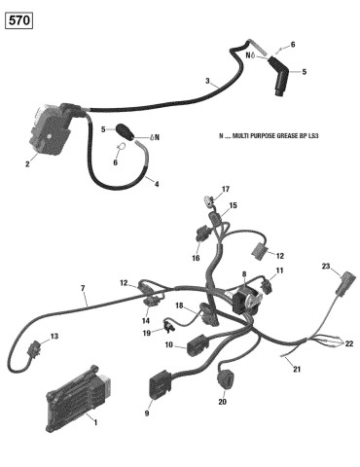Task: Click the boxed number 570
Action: click(x=19, y=20)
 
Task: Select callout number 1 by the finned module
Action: click(x=95, y=422)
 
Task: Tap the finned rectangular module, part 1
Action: click(x=79, y=399)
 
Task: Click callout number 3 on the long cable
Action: click(x=207, y=81)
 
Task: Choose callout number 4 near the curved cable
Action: click(x=157, y=184)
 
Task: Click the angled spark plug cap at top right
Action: click(x=278, y=77)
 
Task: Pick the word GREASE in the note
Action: click(x=285, y=135)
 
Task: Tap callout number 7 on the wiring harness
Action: click(x=83, y=288)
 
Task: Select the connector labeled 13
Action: click(x=34, y=349)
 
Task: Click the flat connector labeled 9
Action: click(x=160, y=384)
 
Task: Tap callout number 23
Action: click(x=326, y=267)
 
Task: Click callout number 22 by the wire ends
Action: click(x=349, y=343)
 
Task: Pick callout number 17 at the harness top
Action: click(x=226, y=189)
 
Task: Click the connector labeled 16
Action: click(x=202, y=233)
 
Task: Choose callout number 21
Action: click(x=297, y=369)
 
